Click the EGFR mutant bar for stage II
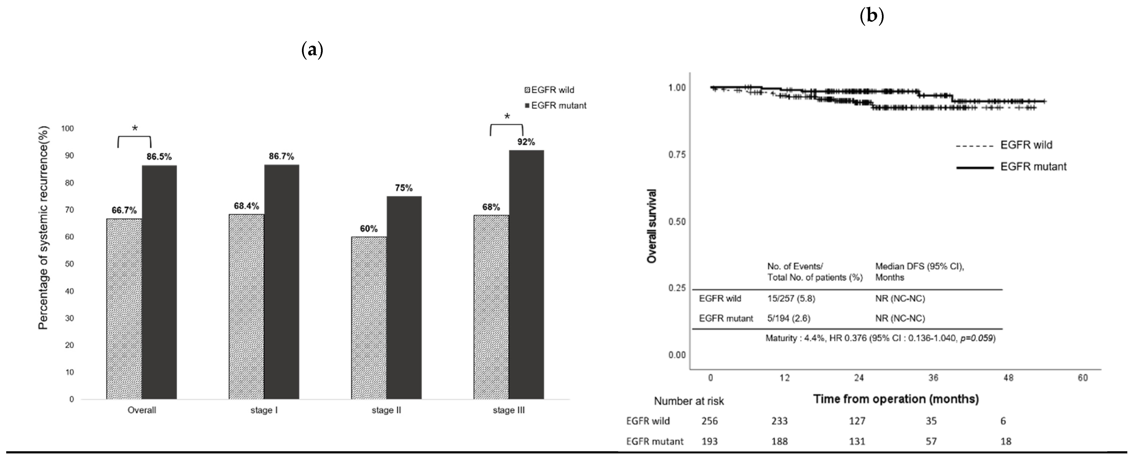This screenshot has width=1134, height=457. pyautogui.click(x=404, y=298)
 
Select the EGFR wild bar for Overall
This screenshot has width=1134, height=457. pyautogui.click(x=124, y=309)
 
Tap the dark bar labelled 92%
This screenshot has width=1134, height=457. pyautogui.click(x=526, y=275)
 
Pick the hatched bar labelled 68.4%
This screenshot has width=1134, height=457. pyautogui.click(x=246, y=306)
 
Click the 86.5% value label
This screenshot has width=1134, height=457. pyautogui.click(x=159, y=157)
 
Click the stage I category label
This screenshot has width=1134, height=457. pyautogui.click(x=264, y=410)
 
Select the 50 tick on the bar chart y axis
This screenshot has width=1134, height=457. pyautogui.click(x=69, y=264)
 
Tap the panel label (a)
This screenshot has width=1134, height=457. pyautogui.click(x=312, y=50)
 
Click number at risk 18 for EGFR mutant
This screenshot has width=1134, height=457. pyautogui.click(x=1006, y=441)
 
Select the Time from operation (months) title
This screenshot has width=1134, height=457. pyautogui.click(x=896, y=399)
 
